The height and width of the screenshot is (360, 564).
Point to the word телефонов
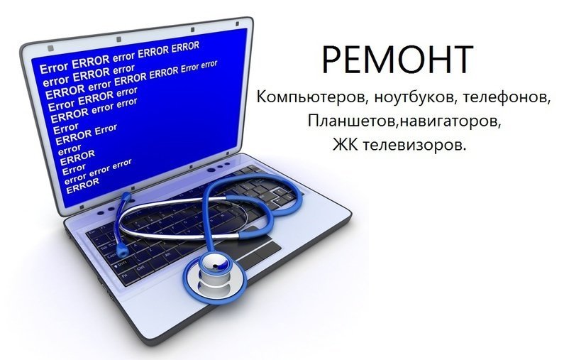pyautogui.click(x=504, y=97)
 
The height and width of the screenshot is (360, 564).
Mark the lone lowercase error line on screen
pyautogui.click(x=69, y=148)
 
